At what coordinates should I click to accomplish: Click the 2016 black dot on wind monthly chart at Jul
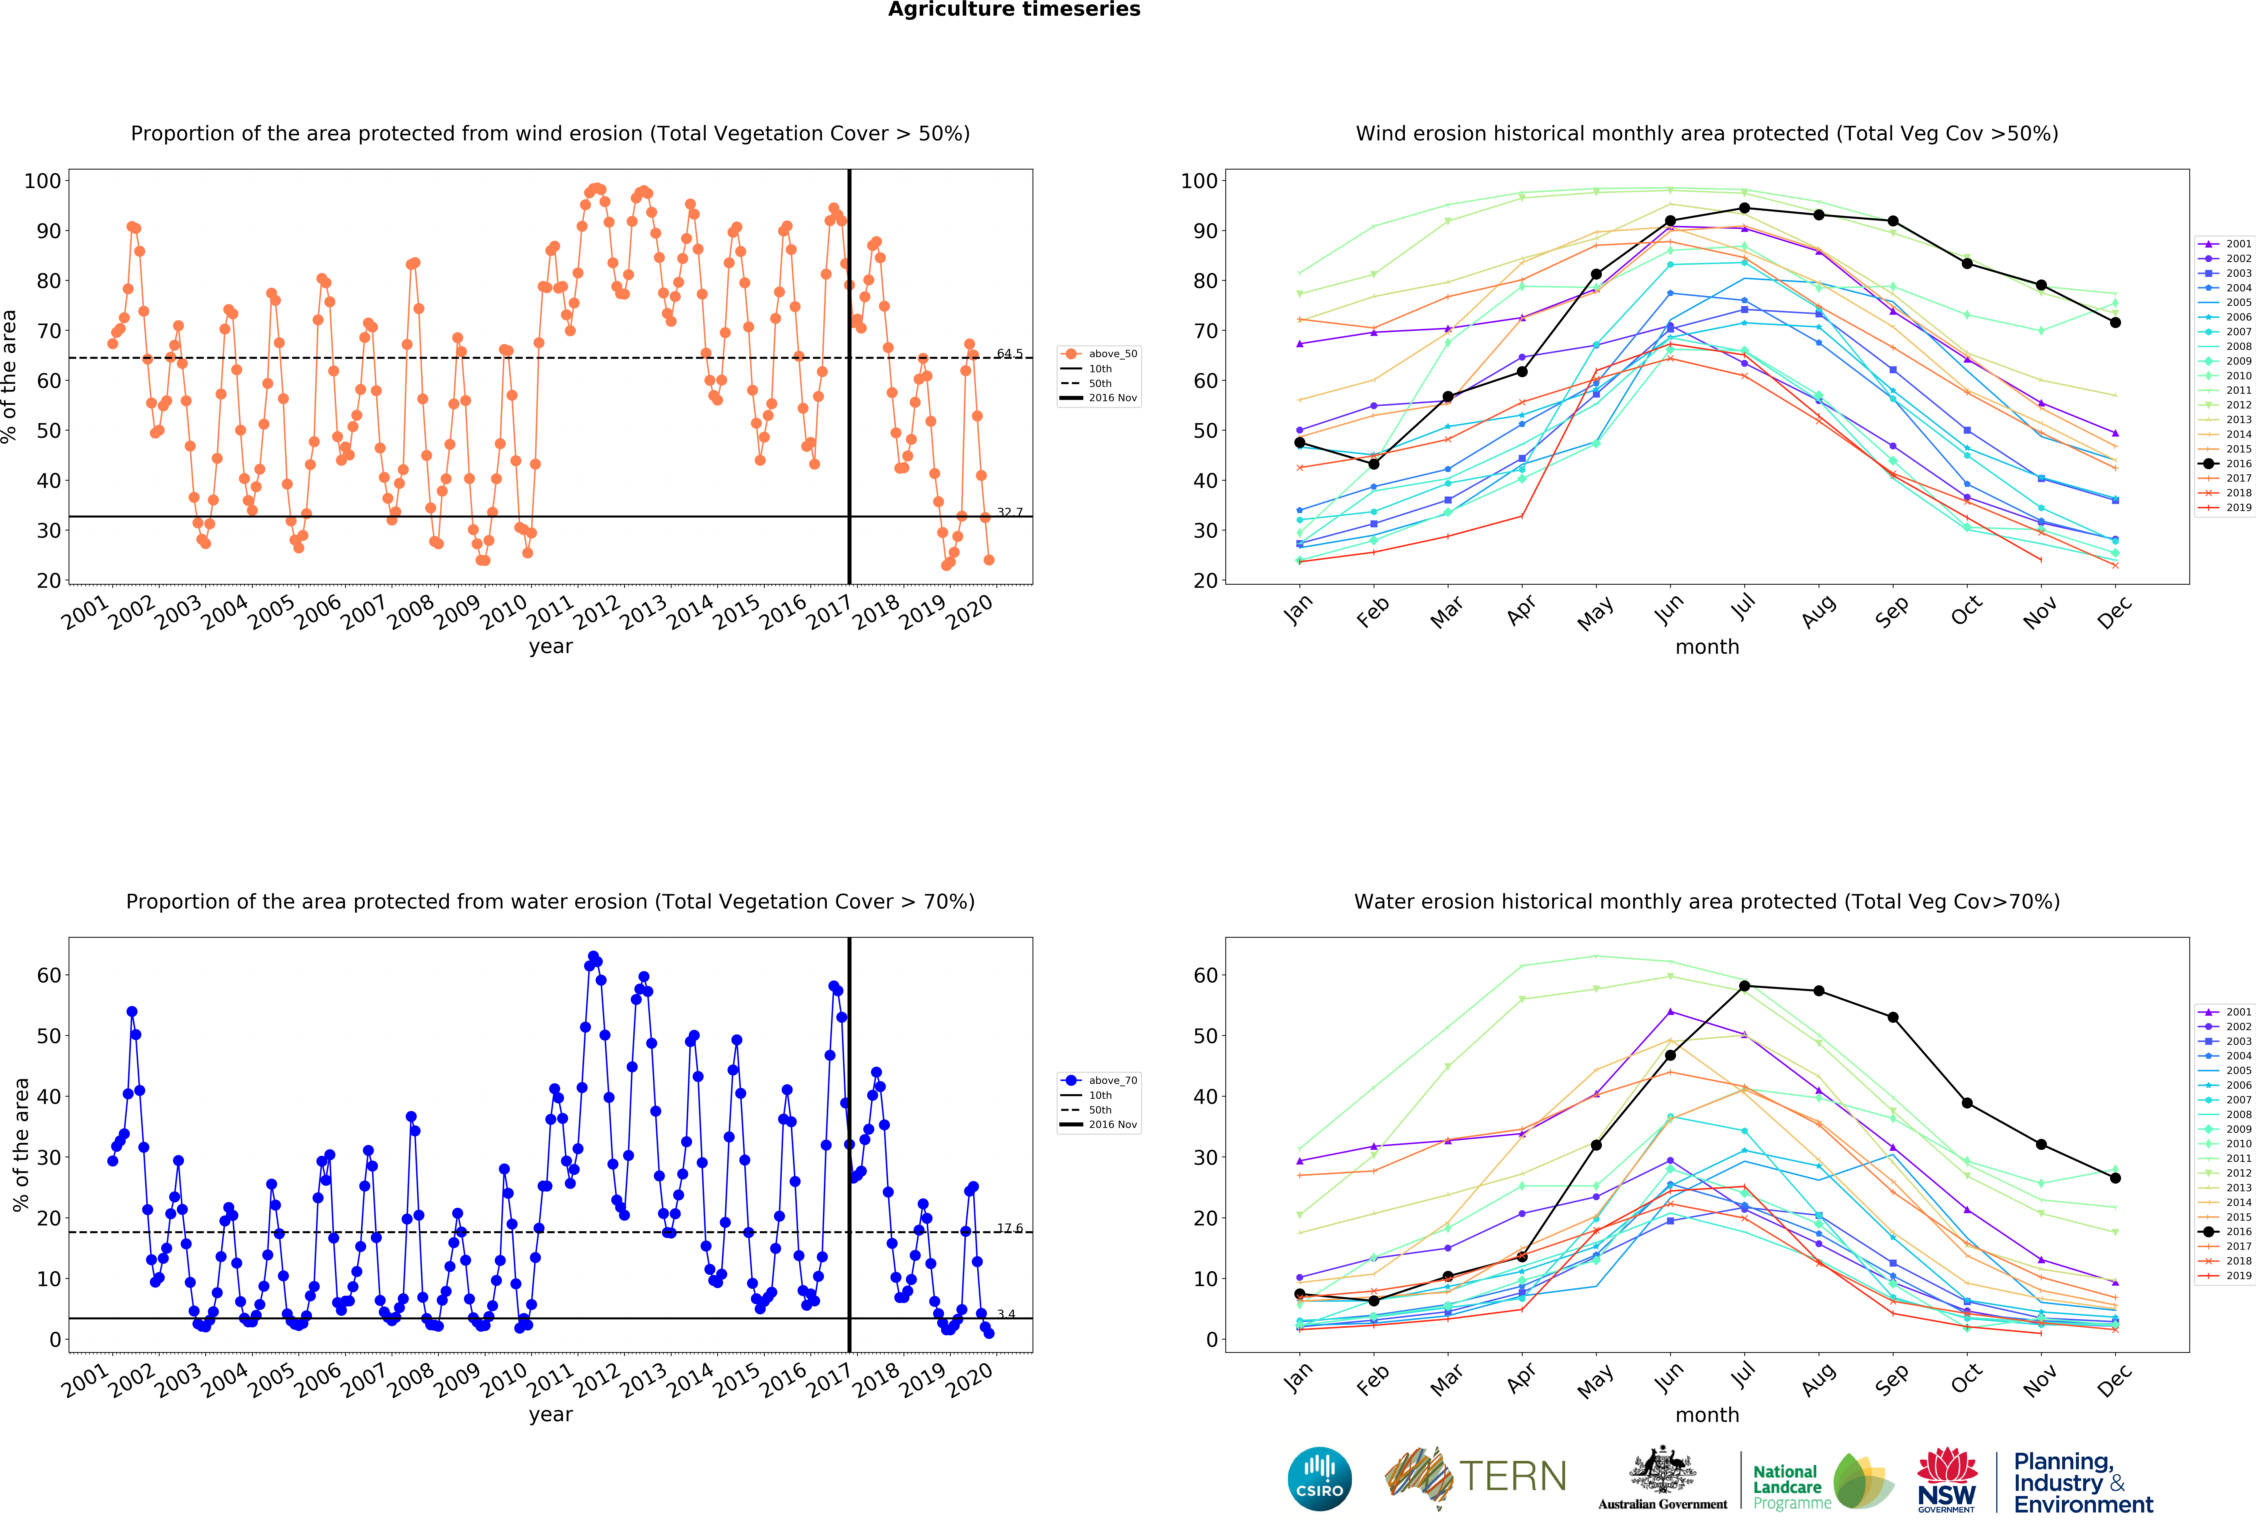click(1745, 208)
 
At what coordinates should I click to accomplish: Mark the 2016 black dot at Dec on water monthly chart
click(2115, 1178)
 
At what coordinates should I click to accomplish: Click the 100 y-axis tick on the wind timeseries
click(43, 181)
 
